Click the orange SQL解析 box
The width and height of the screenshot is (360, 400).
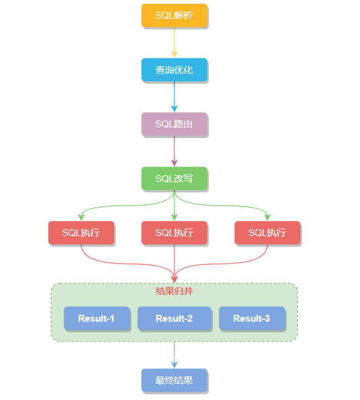174,16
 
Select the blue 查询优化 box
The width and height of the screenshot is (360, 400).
174,70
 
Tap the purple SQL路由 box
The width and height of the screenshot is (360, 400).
174,124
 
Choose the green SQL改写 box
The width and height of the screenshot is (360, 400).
174,178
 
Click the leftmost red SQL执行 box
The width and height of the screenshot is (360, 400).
81,232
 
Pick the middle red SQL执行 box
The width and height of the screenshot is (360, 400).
174,232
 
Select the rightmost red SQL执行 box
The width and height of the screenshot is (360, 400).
267,232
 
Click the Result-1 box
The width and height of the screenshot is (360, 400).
96,318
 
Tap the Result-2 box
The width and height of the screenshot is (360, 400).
174,318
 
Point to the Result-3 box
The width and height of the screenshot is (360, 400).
251,318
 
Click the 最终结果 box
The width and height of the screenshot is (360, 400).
174,380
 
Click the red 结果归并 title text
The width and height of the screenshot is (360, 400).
174,291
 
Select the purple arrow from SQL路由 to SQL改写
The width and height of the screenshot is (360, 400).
174,151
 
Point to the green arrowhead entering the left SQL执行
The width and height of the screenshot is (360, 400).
81,217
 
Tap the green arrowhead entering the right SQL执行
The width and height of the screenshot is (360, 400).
267,217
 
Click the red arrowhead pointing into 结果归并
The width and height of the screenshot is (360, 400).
174,279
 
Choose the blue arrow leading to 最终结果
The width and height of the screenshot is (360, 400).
174,355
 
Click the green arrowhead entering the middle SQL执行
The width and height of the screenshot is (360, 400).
174,217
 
